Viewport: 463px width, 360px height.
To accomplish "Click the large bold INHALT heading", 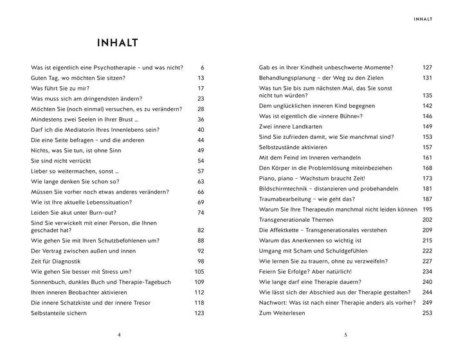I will pos(117,44).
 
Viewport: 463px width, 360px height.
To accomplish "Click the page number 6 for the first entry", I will pos(202,67).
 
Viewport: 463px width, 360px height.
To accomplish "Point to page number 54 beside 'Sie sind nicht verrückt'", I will pos(201,161).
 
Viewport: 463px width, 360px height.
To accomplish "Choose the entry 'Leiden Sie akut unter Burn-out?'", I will pos(75,213).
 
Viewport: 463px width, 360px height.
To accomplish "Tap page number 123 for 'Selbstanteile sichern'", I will pos(199,313).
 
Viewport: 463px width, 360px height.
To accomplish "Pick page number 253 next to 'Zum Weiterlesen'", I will pos(428,313).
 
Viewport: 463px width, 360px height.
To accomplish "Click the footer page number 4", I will pos(119,335).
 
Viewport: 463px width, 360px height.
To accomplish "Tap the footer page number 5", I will pos(345,335).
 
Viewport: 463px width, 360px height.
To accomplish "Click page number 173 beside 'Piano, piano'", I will pos(428,178).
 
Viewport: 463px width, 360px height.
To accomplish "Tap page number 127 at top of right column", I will pos(428,67).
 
